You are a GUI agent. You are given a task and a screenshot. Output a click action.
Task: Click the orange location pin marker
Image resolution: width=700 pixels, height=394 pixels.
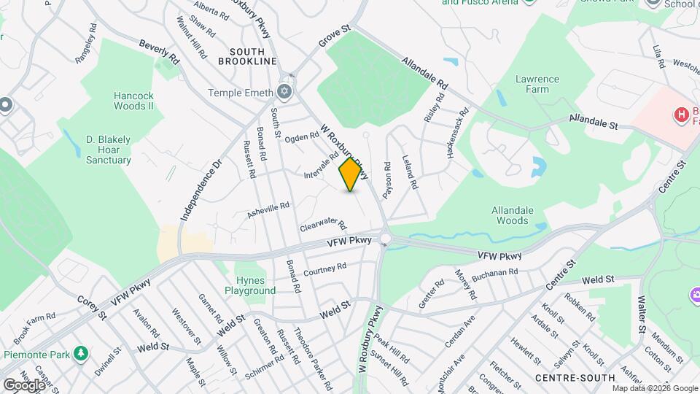click(351, 174)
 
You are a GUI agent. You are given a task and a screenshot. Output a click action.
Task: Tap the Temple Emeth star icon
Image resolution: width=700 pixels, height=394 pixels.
click(284, 93)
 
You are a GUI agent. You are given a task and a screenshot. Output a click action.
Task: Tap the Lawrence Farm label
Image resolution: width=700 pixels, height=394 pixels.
click(537, 84)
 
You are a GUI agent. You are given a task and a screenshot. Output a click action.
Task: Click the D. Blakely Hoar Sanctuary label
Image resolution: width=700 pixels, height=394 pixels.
click(109, 150)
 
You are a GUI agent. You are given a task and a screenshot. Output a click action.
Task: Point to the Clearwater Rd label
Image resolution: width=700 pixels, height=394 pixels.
click(322, 225)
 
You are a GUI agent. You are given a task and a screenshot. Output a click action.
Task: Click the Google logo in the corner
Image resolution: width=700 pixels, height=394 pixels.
click(25, 385)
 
